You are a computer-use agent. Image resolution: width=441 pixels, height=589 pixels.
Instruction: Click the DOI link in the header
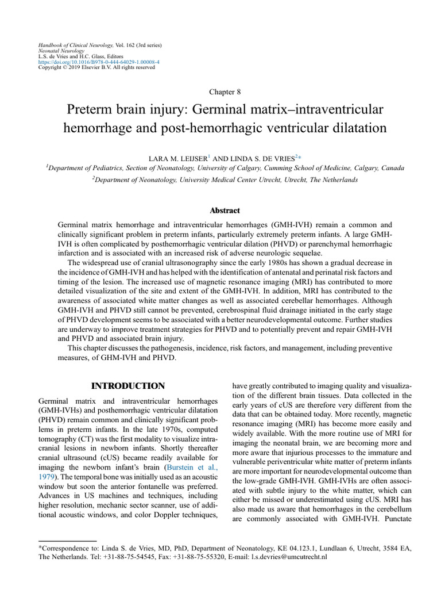point(99,61)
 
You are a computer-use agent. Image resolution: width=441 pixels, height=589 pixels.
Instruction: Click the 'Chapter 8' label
point(220,91)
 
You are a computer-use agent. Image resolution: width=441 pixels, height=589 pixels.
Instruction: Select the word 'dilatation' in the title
point(353,128)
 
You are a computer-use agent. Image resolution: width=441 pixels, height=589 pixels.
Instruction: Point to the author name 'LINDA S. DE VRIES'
point(265,156)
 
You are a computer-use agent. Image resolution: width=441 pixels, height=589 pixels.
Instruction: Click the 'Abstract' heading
point(225,211)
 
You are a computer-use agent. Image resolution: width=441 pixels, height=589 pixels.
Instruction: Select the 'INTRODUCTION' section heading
point(129,386)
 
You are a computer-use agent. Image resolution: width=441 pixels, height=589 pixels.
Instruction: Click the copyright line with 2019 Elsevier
point(96,67)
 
